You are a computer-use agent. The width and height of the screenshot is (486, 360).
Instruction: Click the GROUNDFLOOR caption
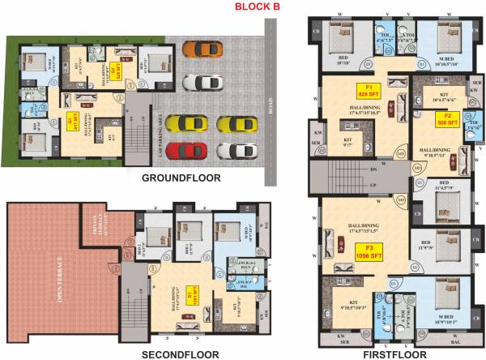click(x=183, y=178)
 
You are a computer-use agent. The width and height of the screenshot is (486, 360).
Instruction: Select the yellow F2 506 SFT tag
click(x=448, y=124)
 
